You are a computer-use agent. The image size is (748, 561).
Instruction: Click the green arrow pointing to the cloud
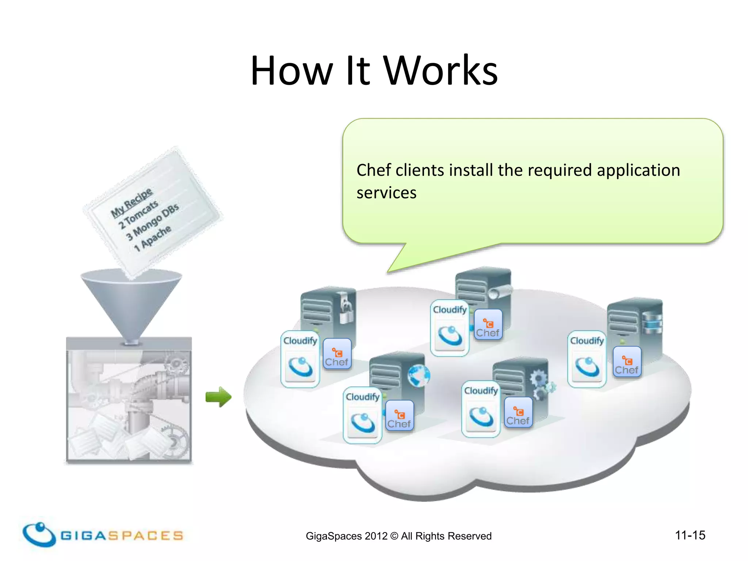coord(218,397)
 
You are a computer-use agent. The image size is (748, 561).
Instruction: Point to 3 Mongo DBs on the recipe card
coord(152,222)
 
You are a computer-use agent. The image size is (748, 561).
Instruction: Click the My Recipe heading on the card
coord(131,203)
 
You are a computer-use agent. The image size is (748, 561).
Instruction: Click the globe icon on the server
coord(419,375)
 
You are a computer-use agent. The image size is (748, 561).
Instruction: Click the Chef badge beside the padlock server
coord(337,354)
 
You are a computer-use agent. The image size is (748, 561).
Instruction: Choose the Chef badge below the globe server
coord(399,415)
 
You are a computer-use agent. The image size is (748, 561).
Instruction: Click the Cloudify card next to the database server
coord(587,359)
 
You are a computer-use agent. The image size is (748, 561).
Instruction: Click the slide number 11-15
coord(690,535)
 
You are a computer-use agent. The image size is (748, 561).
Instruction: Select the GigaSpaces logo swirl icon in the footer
coord(38,534)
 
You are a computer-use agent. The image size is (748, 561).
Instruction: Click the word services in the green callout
coord(386,193)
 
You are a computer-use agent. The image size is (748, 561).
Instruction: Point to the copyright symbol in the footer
coord(394,536)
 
